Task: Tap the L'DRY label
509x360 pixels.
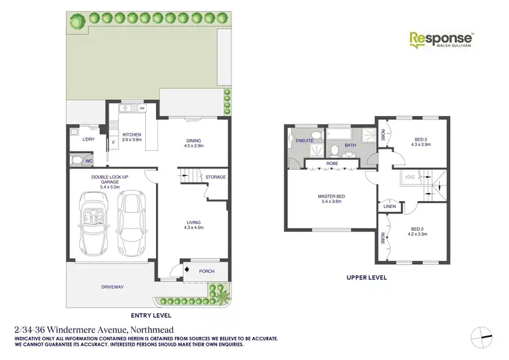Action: [x=88, y=140]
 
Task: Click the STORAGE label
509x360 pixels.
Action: [x=216, y=177]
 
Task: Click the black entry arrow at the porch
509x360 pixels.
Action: [x=178, y=272]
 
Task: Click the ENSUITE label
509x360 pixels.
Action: [x=304, y=141]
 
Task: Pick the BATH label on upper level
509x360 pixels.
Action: [x=350, y=145]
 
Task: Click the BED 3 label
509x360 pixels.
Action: [x=421, y=142]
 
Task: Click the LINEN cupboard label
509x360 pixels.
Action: [x=389, y=206]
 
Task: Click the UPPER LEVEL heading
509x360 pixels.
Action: [x=366, y=277]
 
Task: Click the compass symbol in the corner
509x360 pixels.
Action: [x=483, y=331]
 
